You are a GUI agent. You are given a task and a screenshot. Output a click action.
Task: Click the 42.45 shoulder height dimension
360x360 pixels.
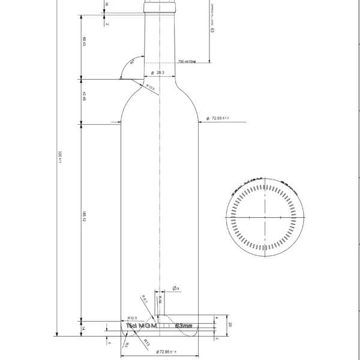click(84, 95)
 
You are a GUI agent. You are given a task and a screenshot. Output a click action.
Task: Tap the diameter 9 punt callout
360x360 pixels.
click(176, 289)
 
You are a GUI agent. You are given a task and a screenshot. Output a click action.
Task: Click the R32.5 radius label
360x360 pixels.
click(133, 318)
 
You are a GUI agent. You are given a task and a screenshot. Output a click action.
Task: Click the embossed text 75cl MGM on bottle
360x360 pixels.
click(142, 325)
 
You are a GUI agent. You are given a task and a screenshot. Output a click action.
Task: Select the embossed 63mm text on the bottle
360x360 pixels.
click(183, 326)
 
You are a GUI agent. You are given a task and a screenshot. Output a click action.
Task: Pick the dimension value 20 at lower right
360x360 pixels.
click(229, 325)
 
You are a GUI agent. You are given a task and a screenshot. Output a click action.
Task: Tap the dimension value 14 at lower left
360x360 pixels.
click(84, 328)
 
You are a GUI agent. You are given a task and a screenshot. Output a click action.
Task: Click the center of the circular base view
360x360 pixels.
click(265, 217)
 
